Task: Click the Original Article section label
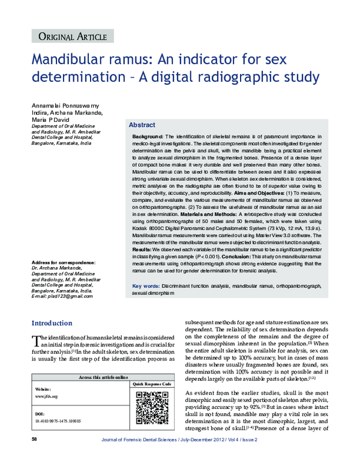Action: [72, 37]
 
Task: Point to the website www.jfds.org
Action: [47, 396]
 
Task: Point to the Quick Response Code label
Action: [152, 384]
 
